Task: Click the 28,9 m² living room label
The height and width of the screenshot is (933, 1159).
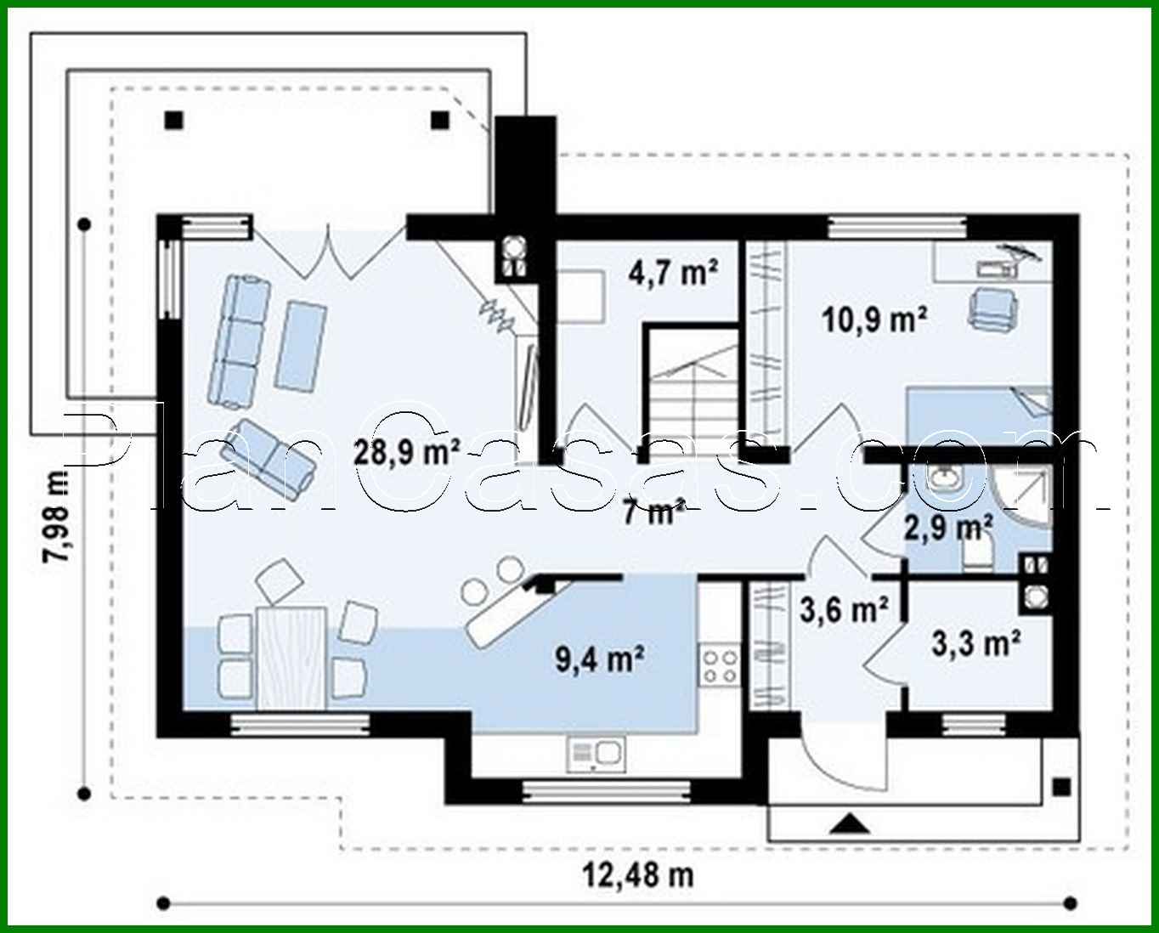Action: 407,450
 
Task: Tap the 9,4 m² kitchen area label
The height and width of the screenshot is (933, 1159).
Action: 600,659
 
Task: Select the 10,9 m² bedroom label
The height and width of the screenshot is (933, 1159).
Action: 873,319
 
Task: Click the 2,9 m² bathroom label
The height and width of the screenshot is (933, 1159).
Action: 948,529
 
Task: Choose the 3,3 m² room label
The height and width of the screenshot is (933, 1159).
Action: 975,644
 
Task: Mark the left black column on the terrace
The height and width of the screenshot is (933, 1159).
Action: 173,120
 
